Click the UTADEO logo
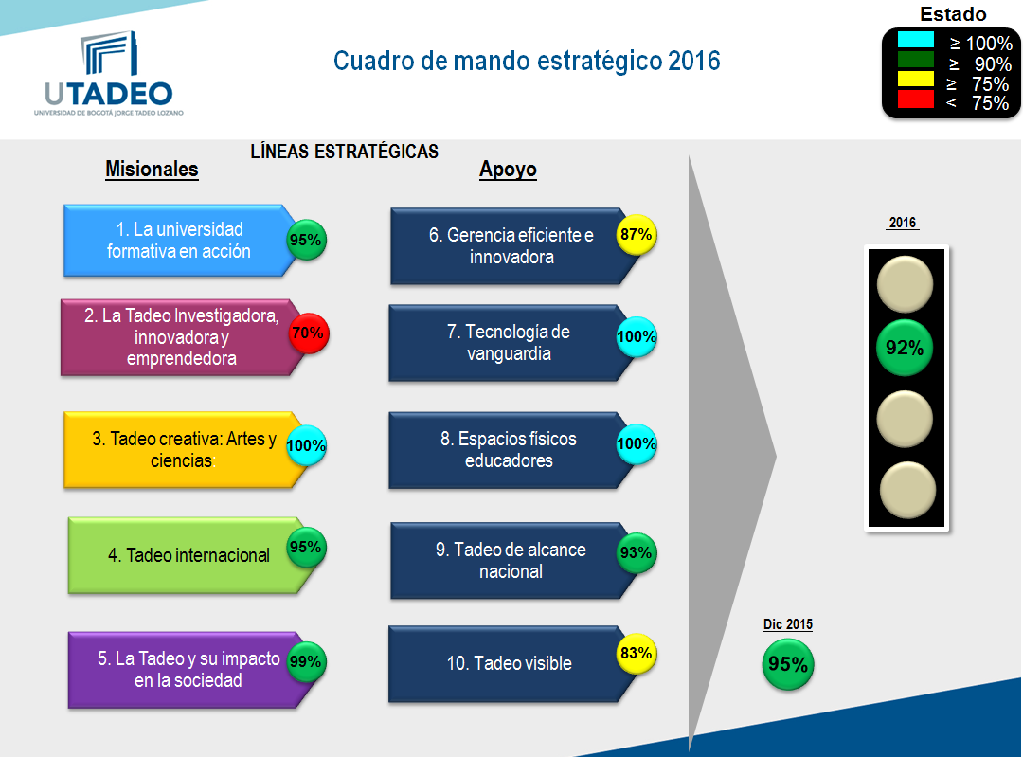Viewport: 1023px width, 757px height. [x=109, y=73]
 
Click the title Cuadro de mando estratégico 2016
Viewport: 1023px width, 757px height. [x=527, y=61]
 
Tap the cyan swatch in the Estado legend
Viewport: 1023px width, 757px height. [x=915, y=40]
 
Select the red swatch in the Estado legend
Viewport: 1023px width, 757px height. [x=915, y=99]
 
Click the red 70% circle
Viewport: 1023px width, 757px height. [x=308, y=333]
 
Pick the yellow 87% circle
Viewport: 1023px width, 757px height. [x=637, y=234]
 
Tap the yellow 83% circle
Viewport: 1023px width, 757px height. [x=637, y=653]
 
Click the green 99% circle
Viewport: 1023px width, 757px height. [x=306, y=661]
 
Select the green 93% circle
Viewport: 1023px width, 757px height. [x=637, y=552]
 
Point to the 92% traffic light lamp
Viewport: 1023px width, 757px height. [x=905, y=348]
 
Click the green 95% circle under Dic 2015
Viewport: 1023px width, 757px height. [x=788, y=664]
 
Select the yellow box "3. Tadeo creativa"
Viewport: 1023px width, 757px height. [x=183, y=450]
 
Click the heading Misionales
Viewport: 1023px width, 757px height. [x=152, y=170]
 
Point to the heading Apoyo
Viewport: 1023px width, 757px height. [x=509, y=170]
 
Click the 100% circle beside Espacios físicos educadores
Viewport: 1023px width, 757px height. [x=637, y=443]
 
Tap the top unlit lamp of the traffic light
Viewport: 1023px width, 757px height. [x=905, y=284]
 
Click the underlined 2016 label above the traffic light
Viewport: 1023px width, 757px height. [x=903, y=223]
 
